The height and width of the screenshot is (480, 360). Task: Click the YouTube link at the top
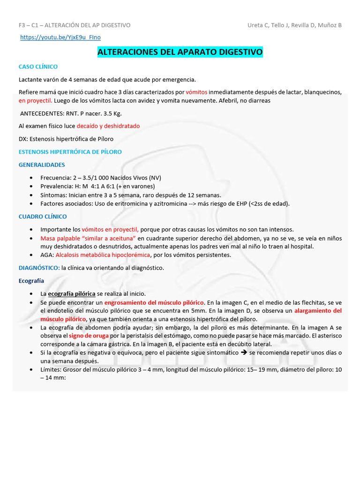[x=60, y=37]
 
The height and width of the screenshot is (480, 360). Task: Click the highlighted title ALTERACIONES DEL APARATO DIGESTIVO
[x=180, y=52]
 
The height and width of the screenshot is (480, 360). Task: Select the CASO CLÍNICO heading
[x=38, y=67]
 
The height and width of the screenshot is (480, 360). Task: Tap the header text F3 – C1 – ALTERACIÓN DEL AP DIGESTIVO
[x=75, y=25]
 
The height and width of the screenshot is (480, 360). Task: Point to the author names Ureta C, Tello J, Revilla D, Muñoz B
[x=294, y=25]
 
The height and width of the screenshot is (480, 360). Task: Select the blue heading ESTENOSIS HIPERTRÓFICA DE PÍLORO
[x=70, y=152]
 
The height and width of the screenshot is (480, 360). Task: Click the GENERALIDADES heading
[x=42, y=165]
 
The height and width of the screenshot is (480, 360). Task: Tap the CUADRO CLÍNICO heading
[x=43, y=217]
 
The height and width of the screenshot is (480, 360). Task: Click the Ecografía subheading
[x=31, y=281]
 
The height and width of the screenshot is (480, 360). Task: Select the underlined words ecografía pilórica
[x=72, y=294]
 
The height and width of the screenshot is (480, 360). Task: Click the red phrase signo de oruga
[x=89, y=336]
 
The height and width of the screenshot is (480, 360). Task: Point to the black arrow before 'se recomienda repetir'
[x=243, y=352]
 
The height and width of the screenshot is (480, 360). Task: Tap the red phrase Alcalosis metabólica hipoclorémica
[x=103, y=255]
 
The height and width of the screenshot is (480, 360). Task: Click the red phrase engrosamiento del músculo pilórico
[x=154, y=302]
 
